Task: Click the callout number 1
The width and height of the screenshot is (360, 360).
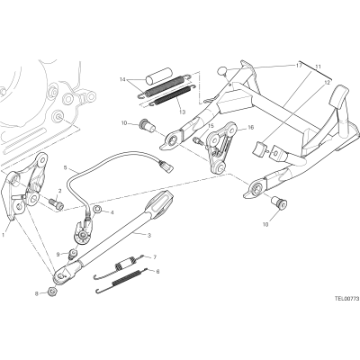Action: pos(3,235)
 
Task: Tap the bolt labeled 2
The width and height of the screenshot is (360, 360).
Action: pos(57,202)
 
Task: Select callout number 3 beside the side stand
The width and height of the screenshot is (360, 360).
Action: pos(149,235)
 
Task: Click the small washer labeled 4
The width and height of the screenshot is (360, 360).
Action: pos(97,209)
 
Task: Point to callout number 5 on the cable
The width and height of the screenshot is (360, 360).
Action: pos(66,167)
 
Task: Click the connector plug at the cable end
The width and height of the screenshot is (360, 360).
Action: pos(166,166)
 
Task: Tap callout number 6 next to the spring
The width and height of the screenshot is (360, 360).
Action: pos(157,272)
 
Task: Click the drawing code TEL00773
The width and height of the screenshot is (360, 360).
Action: pos(346,299)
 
